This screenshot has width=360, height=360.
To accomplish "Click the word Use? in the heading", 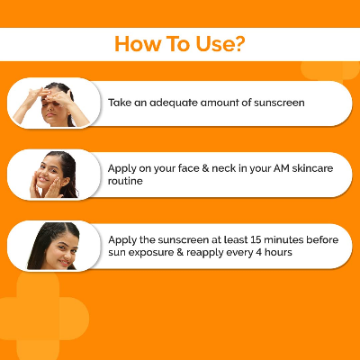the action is (x=220, y=44).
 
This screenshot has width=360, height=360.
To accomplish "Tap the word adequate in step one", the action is (x=174, y=103).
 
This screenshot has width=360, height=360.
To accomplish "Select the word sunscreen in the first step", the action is (x=279, y=103).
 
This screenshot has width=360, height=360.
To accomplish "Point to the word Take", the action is (x=120, y=103).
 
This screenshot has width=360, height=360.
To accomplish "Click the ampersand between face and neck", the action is (x=205, y=168).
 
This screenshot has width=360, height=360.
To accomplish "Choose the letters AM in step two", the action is (x=281, y=168).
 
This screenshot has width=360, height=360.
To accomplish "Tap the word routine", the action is (x=125, y=181).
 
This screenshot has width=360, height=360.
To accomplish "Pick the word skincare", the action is (x=312, y=168).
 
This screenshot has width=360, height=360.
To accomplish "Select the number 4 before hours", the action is (x=258, y=252).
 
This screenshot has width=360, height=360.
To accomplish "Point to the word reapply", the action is (x=205, y=253).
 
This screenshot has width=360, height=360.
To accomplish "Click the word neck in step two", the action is (x=223, y=168).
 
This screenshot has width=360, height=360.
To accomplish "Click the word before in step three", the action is (x=322, y=239).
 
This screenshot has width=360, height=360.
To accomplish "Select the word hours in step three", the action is (x=278, y=252).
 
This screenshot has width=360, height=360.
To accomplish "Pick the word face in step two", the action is (x=188, y=168).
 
